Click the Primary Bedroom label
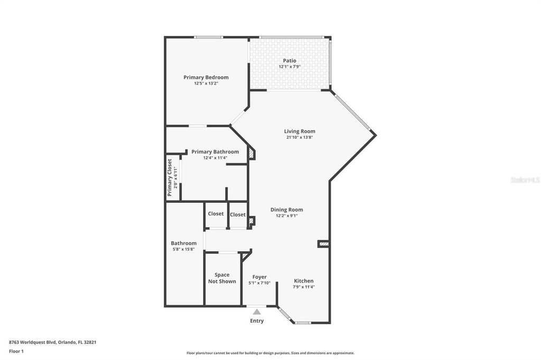[x=206, y=77]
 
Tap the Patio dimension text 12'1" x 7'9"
[x=290, y=67]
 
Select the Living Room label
[x=300, y=131]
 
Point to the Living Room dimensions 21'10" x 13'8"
[x=300, y=137]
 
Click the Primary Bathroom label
[x=215, y=151]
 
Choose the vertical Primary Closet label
[x=170, y=177]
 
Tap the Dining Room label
[x=286, y=210]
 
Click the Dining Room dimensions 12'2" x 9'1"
[x=286, y=215]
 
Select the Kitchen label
[x=304, y=281]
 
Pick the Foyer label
[x=259, y=277]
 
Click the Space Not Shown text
[x=222, y=278]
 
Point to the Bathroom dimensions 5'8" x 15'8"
[x=183, y=249]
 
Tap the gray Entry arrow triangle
[x=257, y=312]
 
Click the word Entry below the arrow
[x=257, y=321]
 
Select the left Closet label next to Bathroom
[x=216, y=214]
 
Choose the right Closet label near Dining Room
[x=238, y=214]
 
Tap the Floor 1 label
[x=16, y=351]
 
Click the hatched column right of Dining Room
[x=323, y=244]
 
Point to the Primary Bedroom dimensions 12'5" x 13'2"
[x=206, y=83]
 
